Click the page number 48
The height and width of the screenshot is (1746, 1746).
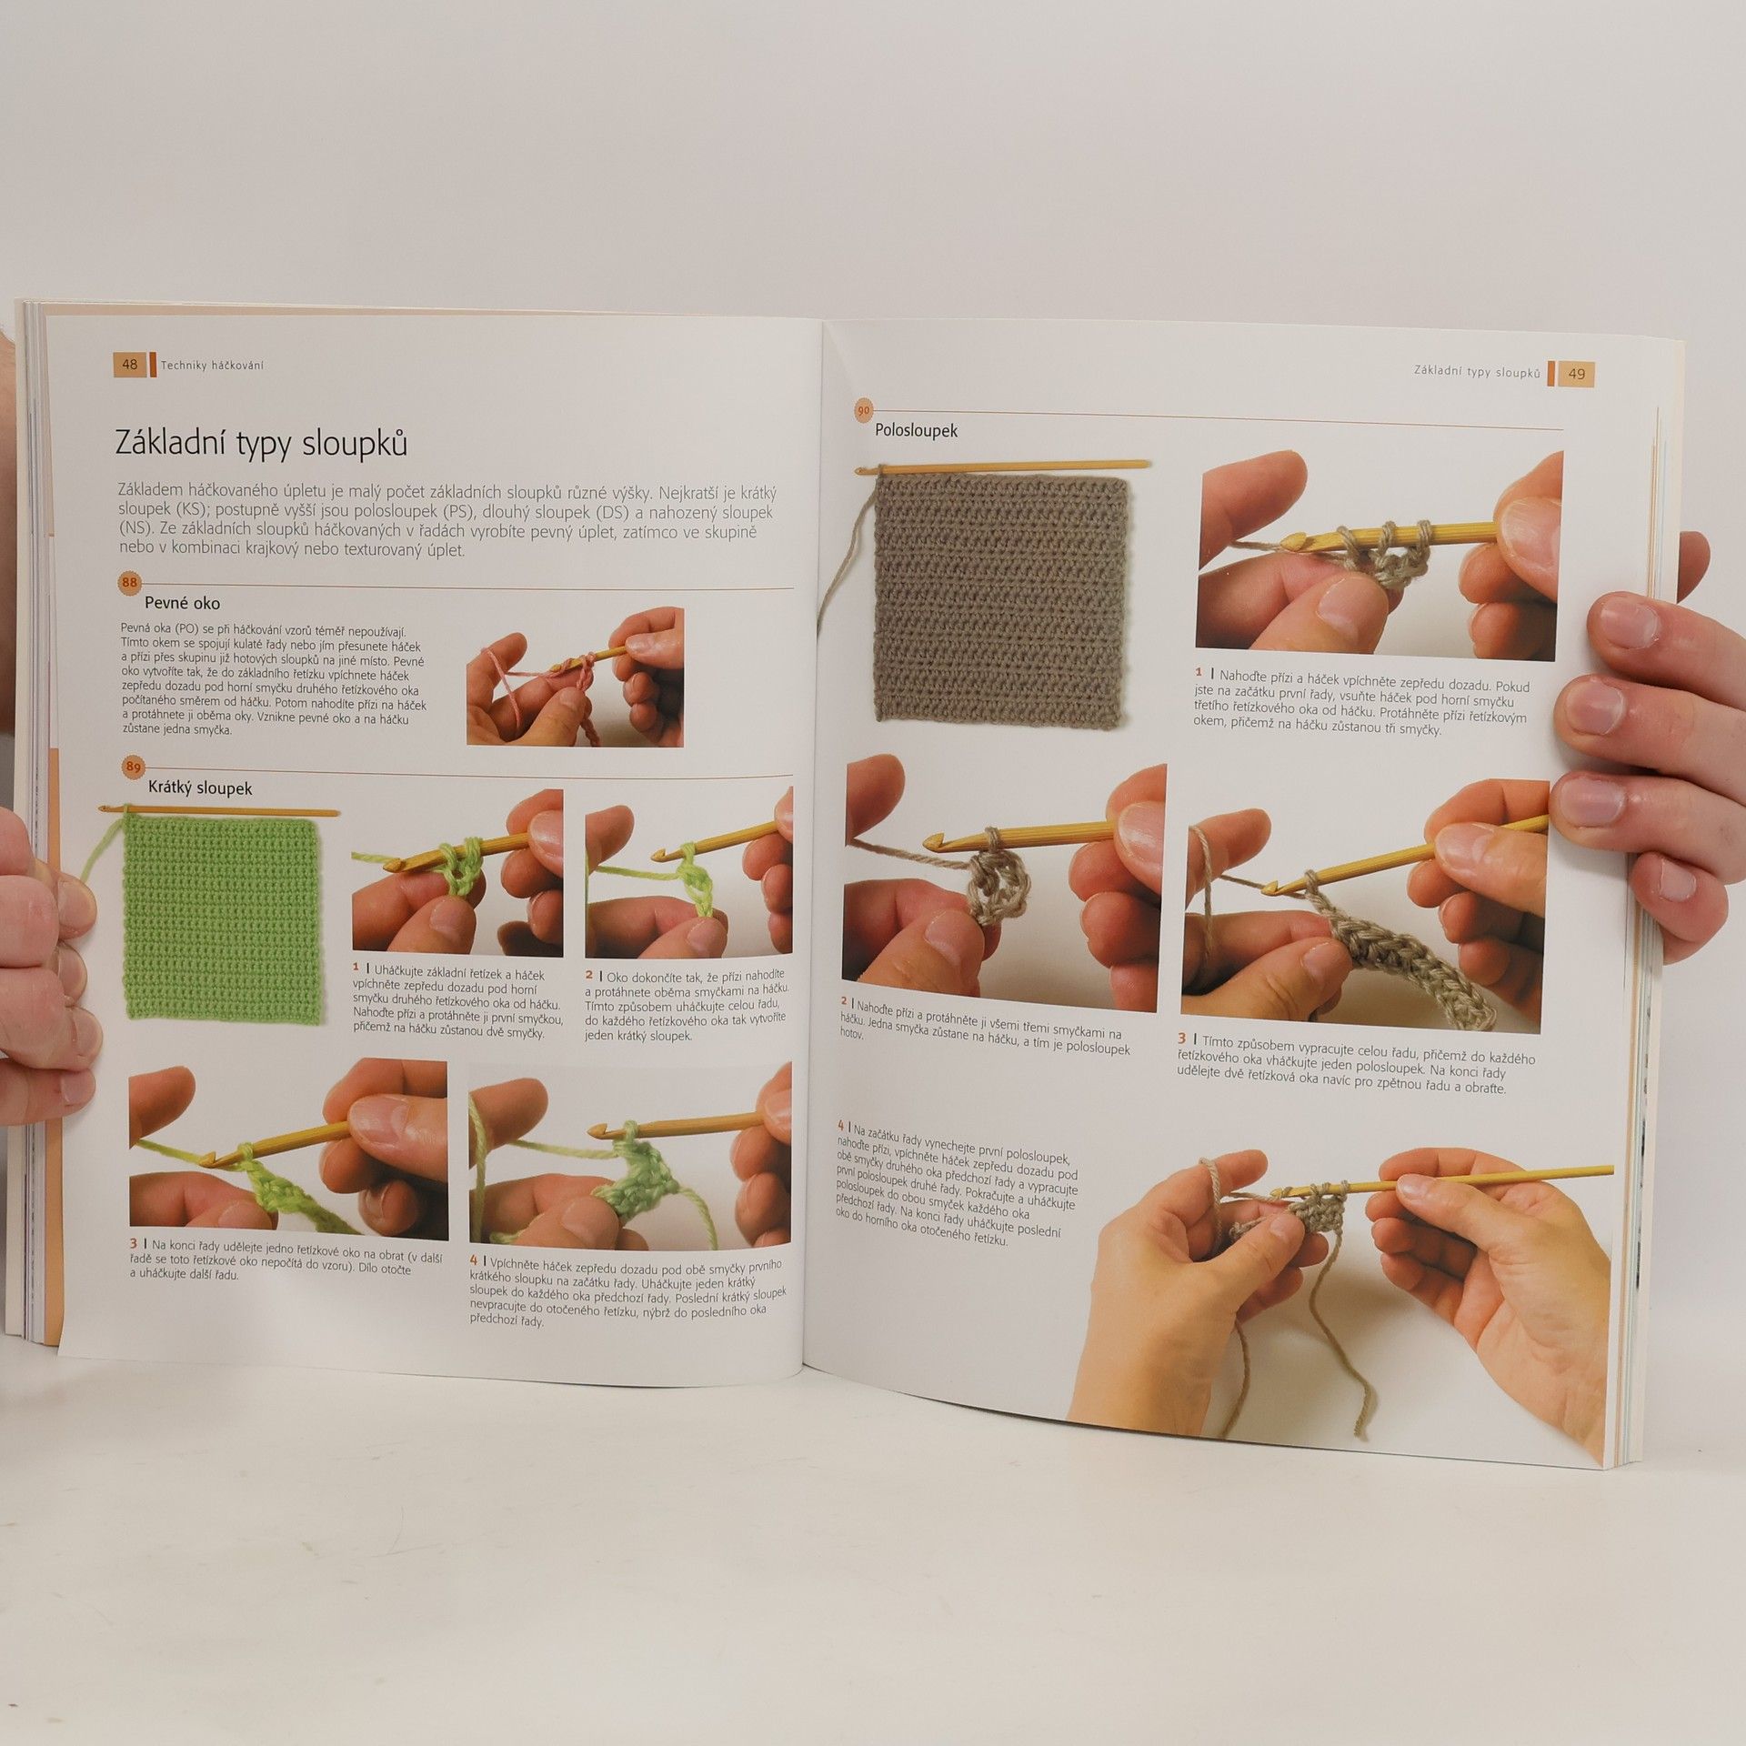point(129,364)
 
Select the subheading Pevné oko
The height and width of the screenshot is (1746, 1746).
point(182,603)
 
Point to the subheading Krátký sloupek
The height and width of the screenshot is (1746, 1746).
point(200,788)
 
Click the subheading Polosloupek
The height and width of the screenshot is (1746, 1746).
point(916,430)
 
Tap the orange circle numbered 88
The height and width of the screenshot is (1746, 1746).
point(130,582)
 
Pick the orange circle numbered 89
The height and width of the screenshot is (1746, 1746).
point(134,767)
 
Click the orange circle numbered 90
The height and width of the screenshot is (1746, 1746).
point(862,410)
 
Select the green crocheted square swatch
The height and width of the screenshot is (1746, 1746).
point(223,918)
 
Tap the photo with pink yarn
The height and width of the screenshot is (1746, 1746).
point(575,677)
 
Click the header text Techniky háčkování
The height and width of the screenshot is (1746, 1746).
point(212,365)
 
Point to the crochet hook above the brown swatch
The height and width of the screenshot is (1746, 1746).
point(1000,467)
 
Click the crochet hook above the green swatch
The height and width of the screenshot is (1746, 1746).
point(218,809)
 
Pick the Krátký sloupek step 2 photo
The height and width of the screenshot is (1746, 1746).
point(688,871)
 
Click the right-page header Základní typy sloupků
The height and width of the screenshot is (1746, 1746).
point(1477,371)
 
